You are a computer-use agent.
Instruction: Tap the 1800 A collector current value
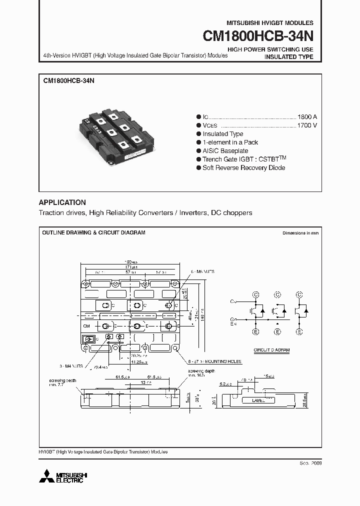coord(306,115)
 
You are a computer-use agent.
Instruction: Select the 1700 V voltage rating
coord(306,125)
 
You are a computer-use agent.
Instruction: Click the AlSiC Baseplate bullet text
coord(225,150)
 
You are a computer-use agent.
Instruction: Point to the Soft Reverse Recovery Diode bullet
coord(243,167)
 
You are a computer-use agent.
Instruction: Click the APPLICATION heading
coord(62,202)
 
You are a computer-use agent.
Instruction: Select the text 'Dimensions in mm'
coord(300,233)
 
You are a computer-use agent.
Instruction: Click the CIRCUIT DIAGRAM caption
coord(271,351)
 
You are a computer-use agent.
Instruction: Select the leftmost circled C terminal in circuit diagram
coord(255,295)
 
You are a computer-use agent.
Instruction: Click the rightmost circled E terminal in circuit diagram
coord(299,331)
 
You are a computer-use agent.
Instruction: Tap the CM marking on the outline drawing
coord(86,326)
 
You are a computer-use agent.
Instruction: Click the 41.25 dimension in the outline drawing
coord(137,362)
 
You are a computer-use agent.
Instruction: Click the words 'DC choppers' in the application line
coord(231,212)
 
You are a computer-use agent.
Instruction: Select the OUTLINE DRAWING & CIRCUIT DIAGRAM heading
coord(93,233)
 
